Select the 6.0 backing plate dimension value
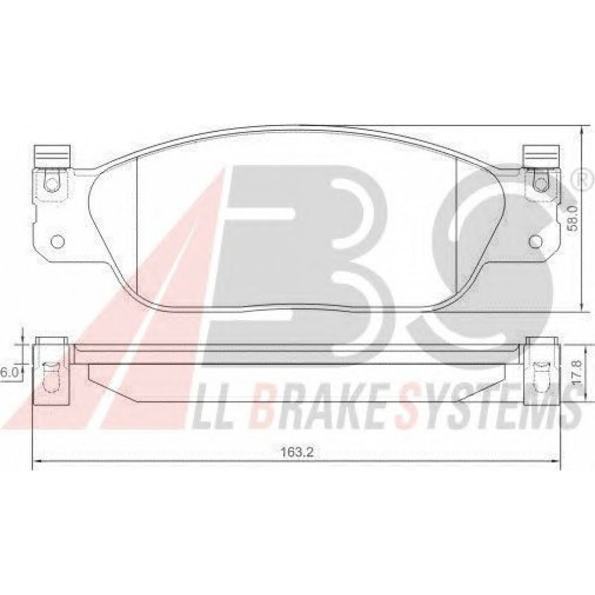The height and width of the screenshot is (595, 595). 9,372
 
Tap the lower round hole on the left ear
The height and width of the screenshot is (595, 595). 58,241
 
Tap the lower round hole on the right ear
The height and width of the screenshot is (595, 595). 536,241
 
